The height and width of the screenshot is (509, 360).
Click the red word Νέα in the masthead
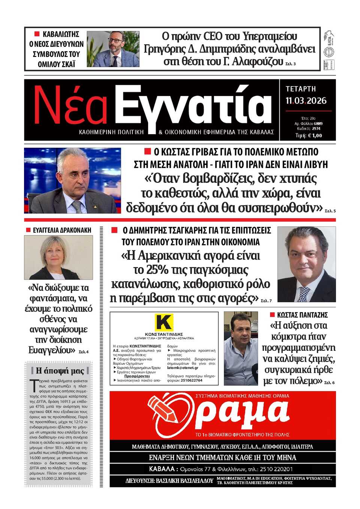tap(70, 106)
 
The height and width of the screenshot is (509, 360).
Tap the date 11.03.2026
tap(306, 101)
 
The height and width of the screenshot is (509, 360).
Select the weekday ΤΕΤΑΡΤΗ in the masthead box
tap(301, 89)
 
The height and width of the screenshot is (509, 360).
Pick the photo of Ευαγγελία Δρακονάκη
tap(58, 257)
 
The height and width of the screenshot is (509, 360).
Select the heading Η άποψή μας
tap(60, 371)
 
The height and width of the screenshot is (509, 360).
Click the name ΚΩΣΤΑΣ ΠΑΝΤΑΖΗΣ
tap(302, 315)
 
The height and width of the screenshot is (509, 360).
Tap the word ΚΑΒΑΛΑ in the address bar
tap(162, 469)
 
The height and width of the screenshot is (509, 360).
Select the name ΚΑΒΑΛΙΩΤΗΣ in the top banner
tap(61, 34)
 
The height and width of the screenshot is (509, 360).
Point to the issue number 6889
tap(318, 123)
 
